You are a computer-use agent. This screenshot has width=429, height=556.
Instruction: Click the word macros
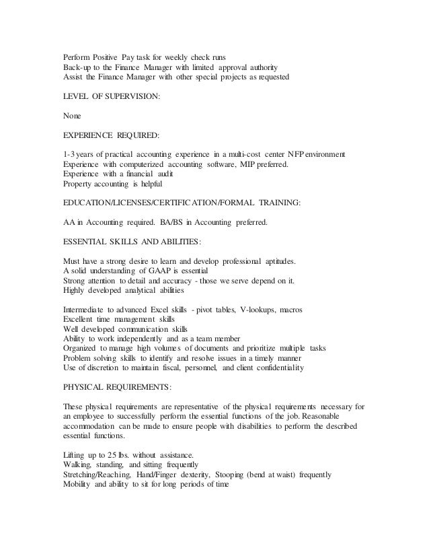pyautogui.click(x=288, y=310)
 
